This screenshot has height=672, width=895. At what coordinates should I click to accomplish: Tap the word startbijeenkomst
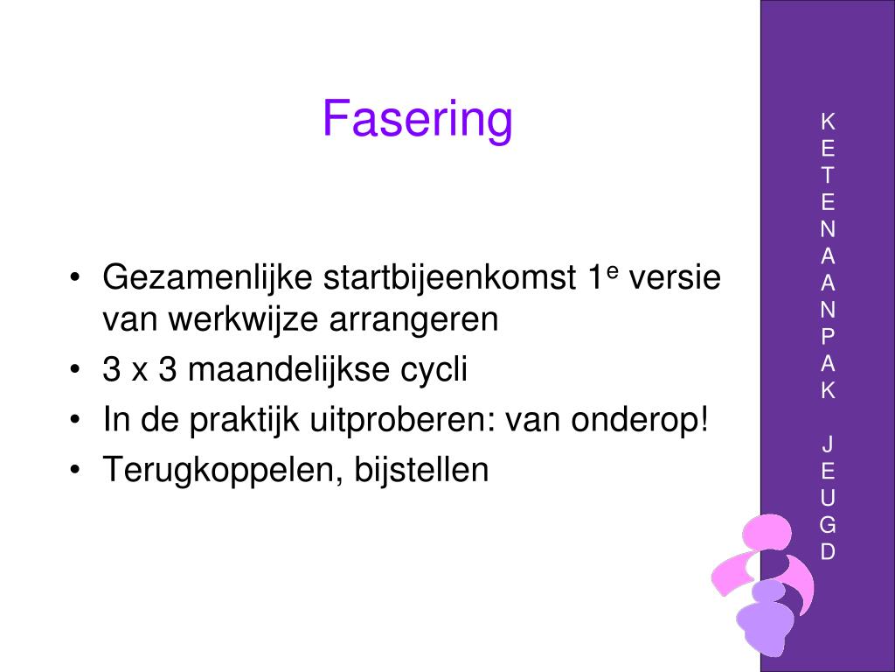(450, 277)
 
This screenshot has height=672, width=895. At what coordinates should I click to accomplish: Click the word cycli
(434, 371)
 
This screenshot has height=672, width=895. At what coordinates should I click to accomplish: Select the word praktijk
(245, 421)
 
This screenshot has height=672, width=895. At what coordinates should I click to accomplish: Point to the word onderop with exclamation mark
(640, 421)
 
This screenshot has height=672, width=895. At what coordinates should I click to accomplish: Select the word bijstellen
(422, 471)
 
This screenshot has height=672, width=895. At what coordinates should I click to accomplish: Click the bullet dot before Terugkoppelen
(73, 470)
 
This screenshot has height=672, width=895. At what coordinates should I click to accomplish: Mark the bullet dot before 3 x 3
(73, 369)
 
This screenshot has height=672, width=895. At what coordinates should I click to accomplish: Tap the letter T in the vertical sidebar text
(828, 175)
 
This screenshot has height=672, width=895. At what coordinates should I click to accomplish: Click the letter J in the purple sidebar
(828, 444)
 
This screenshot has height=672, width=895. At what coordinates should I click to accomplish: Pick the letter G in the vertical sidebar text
(828, 525)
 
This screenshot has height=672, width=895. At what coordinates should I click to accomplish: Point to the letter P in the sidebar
(828, 337)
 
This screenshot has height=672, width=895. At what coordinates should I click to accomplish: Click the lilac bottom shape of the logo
(765, 618)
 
